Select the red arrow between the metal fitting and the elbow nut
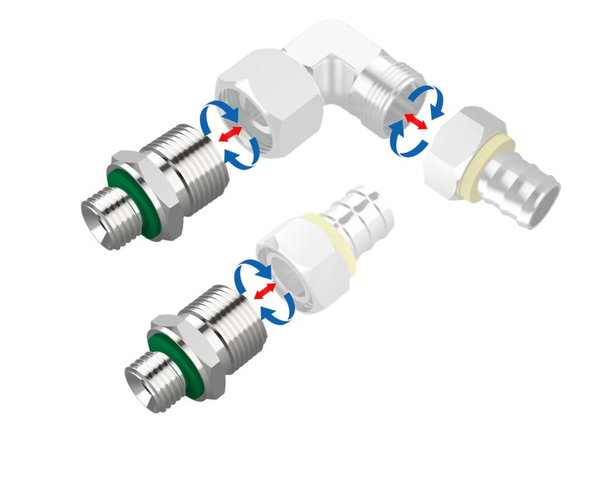coord(229,133)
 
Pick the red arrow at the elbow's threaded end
coord(413,122)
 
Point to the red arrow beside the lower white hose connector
coord(265,291)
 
